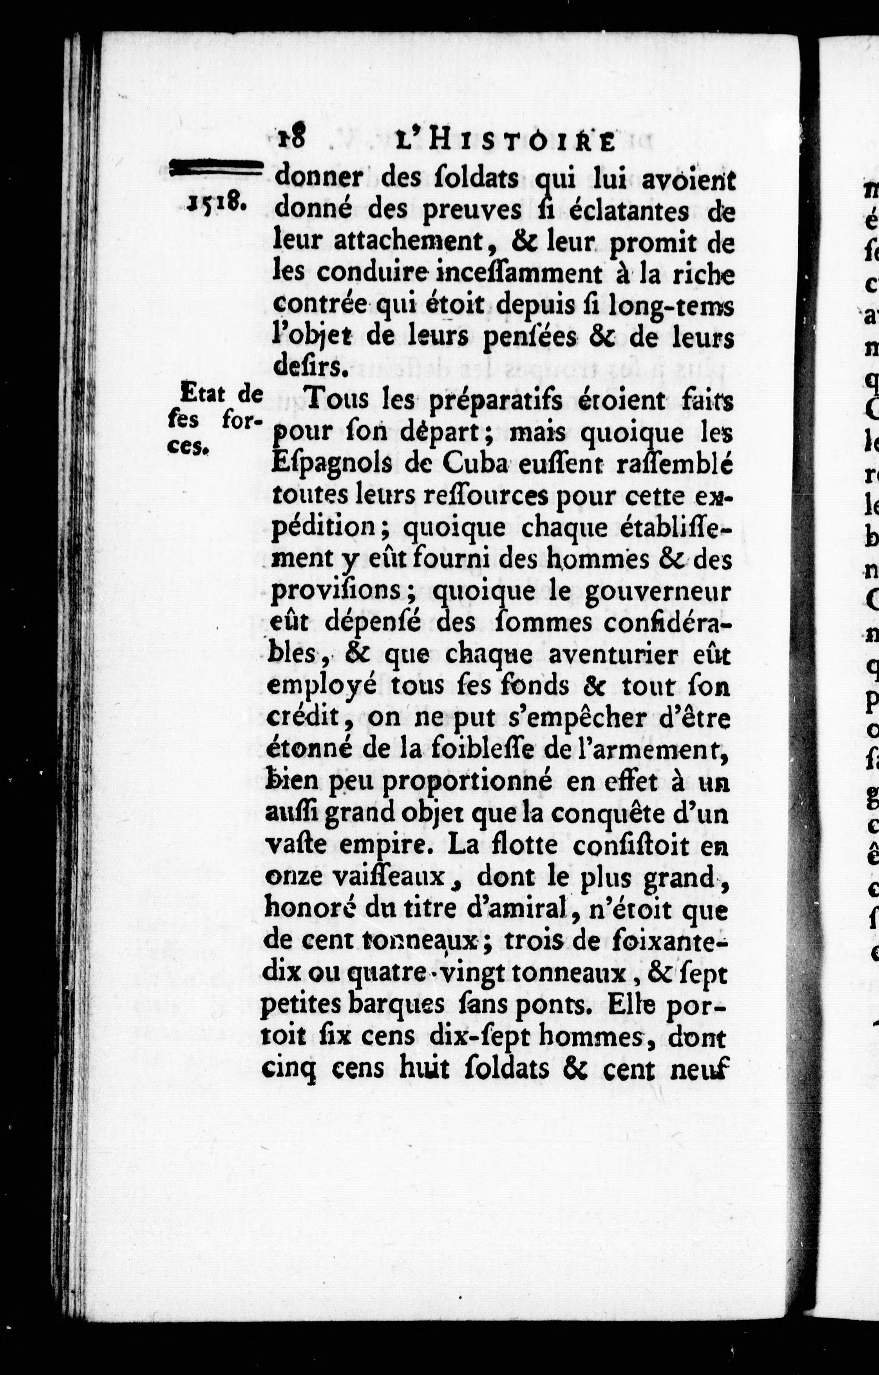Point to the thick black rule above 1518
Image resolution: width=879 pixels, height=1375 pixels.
pos(216,167)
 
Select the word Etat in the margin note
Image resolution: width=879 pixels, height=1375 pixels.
pos(201,393)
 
